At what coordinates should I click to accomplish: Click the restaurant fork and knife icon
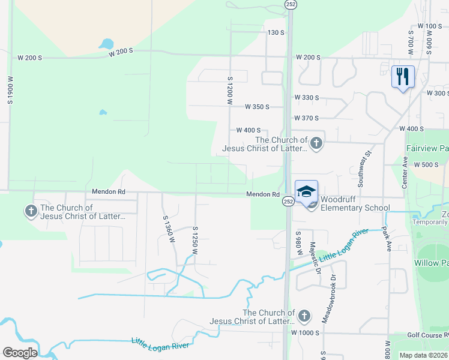(x=403, y=76)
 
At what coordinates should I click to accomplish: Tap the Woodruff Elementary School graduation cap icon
(x=306, y=191)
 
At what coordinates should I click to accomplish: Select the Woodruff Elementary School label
(x=355, y=203)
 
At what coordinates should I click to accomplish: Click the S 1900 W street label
(x=10, y=90)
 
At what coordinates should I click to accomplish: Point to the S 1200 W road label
(x=229, y=90)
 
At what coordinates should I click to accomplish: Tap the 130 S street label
(x=276, y=32)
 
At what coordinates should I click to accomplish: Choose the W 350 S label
(x=257, y=107)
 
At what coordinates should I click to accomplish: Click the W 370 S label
(x=306, y=118)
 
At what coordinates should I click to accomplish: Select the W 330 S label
(x=306, y=97)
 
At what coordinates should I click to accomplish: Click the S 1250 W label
(x=195, y=241)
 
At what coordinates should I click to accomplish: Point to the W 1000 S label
(x=306, y=332)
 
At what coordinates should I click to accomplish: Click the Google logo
(x=20, y=353)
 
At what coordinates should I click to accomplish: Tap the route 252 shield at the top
(x=290, y=4)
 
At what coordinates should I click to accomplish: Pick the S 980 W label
(x=298, y=244)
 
